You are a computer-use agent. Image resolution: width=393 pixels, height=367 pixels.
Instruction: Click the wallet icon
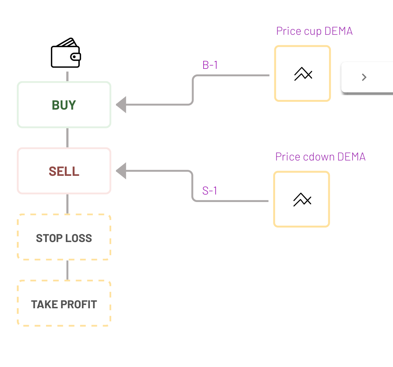click(x=66, y=53)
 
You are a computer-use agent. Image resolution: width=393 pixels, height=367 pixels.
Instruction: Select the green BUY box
click(x=64, y=105)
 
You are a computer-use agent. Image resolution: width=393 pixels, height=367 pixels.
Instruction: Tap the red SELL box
click(x=64, y=171)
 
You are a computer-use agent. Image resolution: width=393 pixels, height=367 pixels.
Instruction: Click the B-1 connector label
click(x=210, y=65)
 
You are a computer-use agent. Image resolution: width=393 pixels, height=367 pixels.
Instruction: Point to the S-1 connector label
click(x=210, y=191)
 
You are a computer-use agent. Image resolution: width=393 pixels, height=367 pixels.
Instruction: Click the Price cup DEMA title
click(x=314, y=31)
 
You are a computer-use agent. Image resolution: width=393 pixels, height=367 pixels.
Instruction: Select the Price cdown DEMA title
click(x=320, y=156)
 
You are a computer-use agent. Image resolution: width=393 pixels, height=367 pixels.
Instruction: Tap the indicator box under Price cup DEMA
click(x=302, y=74)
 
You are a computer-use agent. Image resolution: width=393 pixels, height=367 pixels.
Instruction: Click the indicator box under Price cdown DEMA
click(x=302, y=199)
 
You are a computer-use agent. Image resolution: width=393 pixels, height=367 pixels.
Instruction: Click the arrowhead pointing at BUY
click(x=121, y=105)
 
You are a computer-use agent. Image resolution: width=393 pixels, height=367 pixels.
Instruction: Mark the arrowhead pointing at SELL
click(x=121, y=171)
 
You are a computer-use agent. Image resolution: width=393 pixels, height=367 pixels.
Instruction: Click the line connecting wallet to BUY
click(x=67, y=76)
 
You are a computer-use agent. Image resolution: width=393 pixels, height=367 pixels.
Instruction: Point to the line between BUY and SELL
click(x=67, y=138)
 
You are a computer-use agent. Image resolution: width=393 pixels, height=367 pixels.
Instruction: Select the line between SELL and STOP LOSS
click(x=67, y=204)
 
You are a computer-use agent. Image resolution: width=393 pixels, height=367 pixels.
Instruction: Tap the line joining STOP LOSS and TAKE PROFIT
click(x=67, y=270)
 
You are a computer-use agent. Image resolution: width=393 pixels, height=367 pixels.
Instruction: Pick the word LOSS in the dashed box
click(x=79, y=238)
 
